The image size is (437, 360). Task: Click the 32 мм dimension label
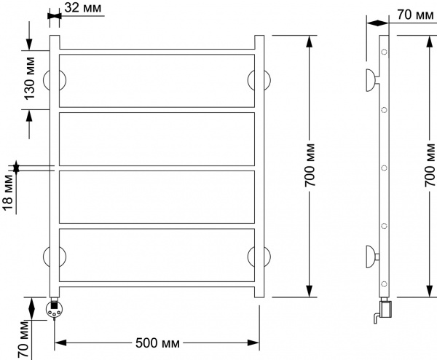pos(83,8)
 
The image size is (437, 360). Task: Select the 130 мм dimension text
pos(30,78)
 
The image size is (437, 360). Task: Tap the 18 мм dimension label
pos(7,192)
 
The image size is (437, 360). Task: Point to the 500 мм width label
pos(157,343)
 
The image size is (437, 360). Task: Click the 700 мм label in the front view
pos(310,165)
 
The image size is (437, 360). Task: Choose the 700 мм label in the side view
pos(430,165)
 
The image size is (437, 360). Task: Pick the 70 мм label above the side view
pos(415,15)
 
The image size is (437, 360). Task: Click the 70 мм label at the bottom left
pos(23,340)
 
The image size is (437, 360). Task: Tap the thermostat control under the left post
pos(55,308)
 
